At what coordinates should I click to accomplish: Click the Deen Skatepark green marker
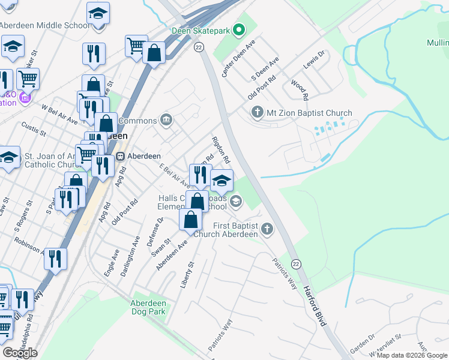pos(239,29)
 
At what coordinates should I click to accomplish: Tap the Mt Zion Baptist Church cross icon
pos(258,112)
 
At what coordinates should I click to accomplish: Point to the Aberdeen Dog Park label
pos(148,307)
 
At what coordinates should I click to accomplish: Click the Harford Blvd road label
pos(314,307)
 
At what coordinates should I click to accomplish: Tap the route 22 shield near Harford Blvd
pos(295,264)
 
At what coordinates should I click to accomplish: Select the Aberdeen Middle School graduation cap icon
pos(98,13)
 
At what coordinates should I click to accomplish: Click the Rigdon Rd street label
pos(221,150)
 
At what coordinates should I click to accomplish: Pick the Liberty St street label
pos(188,274)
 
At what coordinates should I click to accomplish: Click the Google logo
pos(20,352)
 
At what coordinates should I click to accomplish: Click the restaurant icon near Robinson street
pos(55,259)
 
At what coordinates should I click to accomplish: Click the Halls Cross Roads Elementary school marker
pos(236,201)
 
